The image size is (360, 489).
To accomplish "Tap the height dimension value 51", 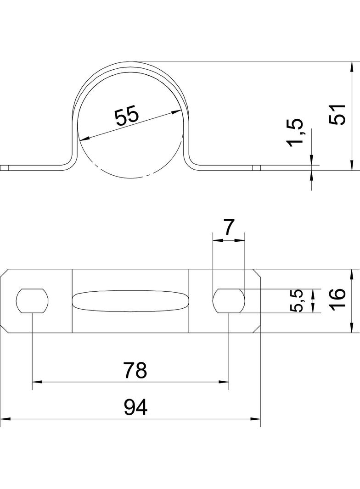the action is pyautogui.click(x=338, y=115).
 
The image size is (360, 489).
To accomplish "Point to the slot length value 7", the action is pyautogui.click(x=229, y=228).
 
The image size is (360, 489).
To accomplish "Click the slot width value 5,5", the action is pyautogui.click(x=296, y=300).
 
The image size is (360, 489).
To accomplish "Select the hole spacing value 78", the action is pyautogui.click(x=135, y=370).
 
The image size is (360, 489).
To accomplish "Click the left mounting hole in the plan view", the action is pyautogui.click(x=32, y=300).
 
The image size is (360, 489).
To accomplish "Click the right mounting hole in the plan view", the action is pyautogui.click(x=229, y=300).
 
